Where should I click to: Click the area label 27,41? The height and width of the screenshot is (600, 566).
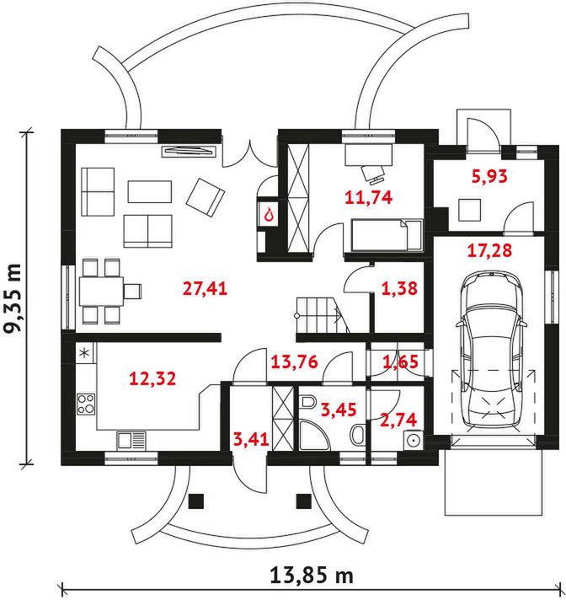[x=205, y=288]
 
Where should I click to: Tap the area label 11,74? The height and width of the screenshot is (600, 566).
[x=369, y=197]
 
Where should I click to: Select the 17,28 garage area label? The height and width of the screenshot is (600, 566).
[x=489, y=251]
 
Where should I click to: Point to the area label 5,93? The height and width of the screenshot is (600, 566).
[x=490, y=176]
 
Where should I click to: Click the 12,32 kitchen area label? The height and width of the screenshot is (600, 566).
[x=153, y=378]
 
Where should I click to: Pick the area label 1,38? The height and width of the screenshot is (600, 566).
[x=399, y=288]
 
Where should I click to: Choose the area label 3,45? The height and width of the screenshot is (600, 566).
[x=339, y=410]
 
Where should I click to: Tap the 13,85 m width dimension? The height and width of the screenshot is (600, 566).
[x=312, y=575]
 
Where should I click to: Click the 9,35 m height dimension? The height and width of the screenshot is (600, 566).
[x=13, y=298]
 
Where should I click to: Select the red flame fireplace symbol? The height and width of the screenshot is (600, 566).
[x=270, y=215]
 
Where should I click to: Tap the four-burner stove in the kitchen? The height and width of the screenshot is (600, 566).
[x=86, y=404]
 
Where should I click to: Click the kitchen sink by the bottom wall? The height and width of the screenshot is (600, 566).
[x=131, y=440]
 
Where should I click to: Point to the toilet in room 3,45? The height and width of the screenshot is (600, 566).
[x=307, y=402]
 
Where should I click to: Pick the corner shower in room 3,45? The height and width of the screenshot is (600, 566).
[x=314, y=435]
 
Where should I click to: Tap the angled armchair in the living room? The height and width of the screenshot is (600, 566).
[x=206, y=197]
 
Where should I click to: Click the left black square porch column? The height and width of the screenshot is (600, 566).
[x=196, y=501]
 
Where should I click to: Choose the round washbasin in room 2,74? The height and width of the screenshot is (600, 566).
[x=414, y=441]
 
